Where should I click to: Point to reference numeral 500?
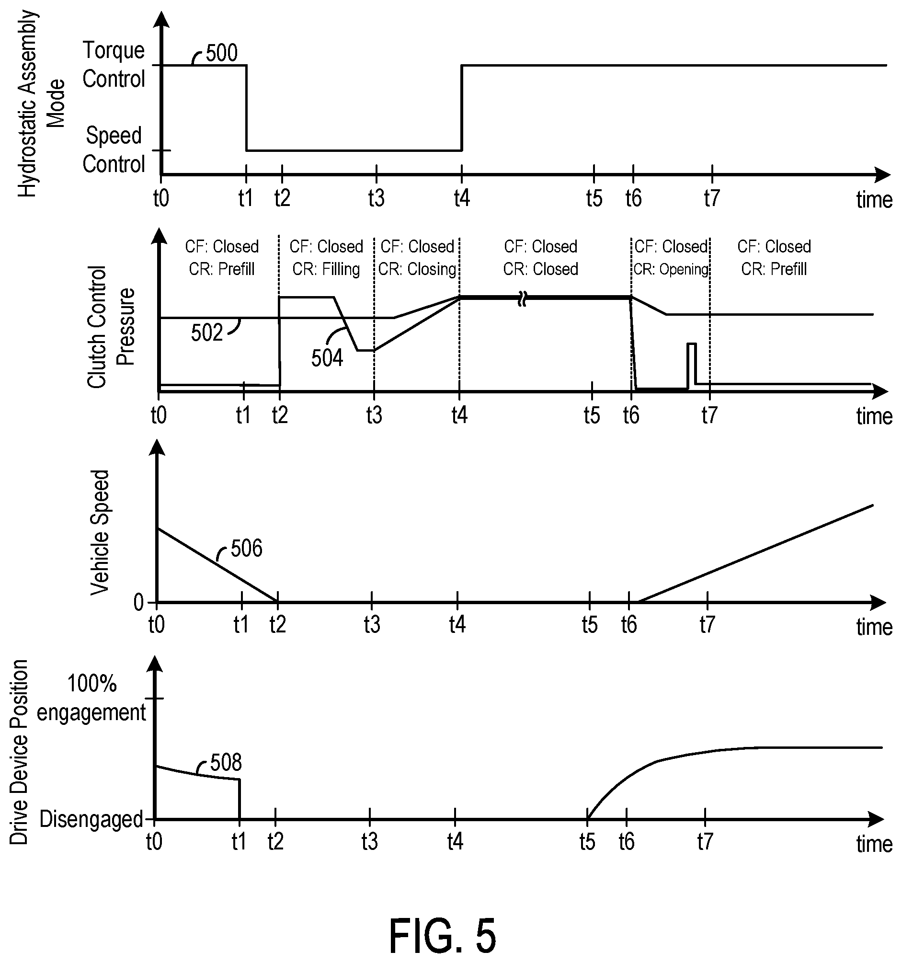click(221, 53)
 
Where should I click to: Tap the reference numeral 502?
click(206, 333)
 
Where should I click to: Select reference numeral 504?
click(327, 358)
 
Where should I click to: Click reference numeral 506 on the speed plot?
click(247, 549)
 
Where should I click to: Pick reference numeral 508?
click(226, 763)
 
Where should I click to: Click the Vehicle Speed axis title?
click(100, 532)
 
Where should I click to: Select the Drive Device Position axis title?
click(19, 752)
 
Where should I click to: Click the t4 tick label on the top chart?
click(462, 198)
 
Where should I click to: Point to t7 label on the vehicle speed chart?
click(707, 625)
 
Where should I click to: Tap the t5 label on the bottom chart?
click(587, 842)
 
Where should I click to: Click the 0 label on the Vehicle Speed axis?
click(139, 603)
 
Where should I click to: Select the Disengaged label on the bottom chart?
click(91, 819)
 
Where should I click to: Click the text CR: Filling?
click(326, 269)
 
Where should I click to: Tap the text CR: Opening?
click(671, 269)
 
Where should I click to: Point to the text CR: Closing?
click(418, 269)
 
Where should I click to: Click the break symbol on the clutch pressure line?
click(522, 298)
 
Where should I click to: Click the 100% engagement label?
click(91, 698)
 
